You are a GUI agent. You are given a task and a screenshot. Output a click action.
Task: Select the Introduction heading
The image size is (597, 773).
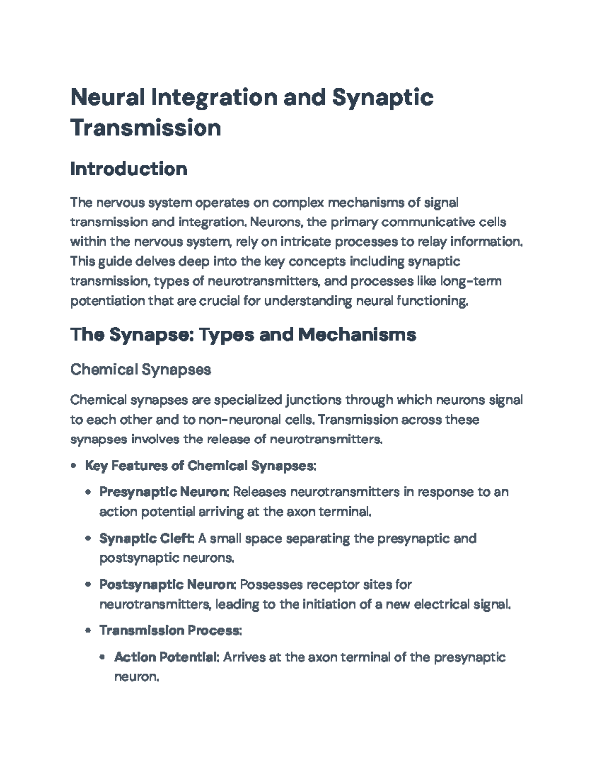(129, 169)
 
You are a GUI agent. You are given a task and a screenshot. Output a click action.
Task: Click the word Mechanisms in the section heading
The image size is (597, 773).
(357, 335)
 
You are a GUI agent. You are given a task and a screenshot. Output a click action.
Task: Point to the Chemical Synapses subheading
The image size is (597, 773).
(141, 370)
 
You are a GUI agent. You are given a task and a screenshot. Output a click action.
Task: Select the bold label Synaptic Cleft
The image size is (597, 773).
(146, 538)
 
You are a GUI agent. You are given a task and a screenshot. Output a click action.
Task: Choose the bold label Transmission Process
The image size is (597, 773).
(171, 630)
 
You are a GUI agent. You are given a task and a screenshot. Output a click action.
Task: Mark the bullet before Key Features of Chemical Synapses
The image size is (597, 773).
(74, 466)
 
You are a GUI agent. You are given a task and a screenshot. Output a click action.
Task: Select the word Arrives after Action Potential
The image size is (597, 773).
(244, 657)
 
